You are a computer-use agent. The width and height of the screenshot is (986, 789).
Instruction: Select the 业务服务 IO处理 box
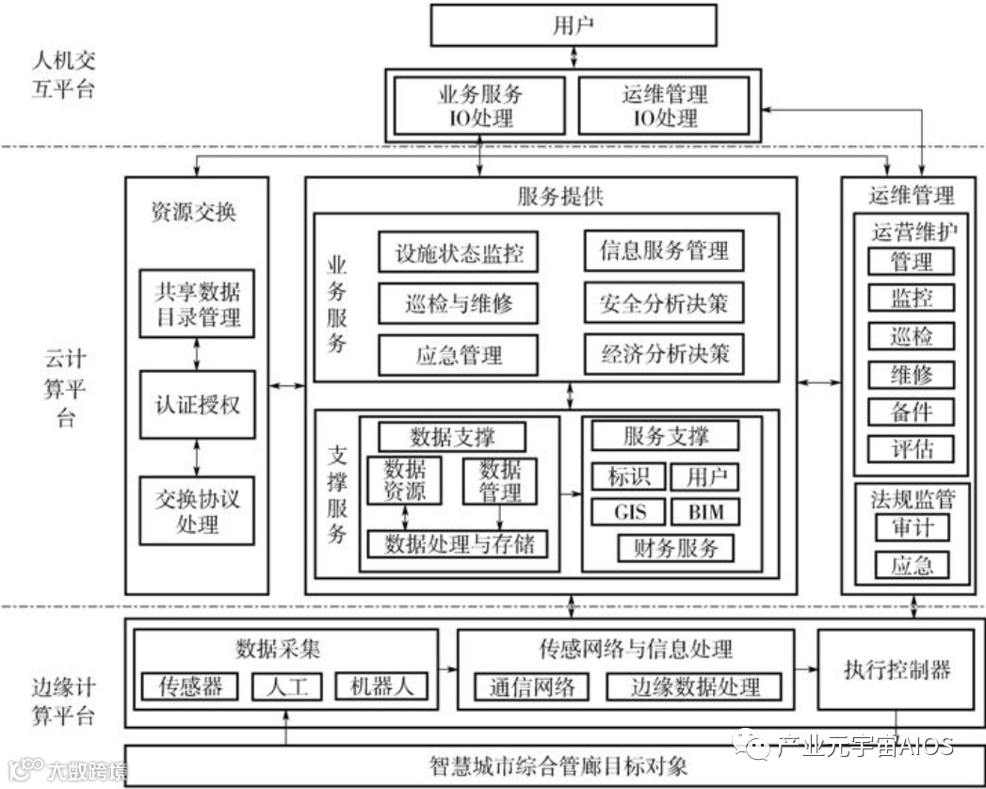click(x=480, y=105)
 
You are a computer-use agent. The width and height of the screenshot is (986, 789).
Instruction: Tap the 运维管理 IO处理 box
click(x=664, y=105)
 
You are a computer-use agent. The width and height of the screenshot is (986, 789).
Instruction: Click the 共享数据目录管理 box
click(x=197, y=303)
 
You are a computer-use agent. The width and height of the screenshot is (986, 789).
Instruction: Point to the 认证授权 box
click(x=197, y=404)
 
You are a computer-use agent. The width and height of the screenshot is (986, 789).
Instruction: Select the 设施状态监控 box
click(x=459, y=252)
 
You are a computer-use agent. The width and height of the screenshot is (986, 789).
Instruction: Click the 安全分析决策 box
click(x=664, y=304)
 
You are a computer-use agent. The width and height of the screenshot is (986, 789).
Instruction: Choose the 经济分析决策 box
click(x=664, y=354)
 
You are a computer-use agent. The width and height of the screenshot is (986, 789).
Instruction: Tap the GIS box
click(x=628, y=511)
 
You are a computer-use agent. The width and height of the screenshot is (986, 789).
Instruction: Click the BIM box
click(x=705, y=511)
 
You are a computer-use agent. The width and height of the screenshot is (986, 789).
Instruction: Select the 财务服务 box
click(x=675, y=547)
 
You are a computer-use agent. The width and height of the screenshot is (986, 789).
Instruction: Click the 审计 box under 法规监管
click(x=911, y=526)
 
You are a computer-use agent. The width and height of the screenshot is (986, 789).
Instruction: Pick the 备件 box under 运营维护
click(x=911, y=411)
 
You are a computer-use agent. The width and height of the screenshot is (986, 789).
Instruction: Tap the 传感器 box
click(x=190, y=685)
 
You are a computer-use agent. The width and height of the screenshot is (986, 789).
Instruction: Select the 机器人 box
click(x=380, y=685)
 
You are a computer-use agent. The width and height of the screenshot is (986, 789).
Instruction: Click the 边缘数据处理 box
click(x=694, y=686)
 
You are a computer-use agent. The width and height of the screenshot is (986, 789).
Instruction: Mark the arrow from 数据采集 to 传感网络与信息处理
click(x=448, y=669)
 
